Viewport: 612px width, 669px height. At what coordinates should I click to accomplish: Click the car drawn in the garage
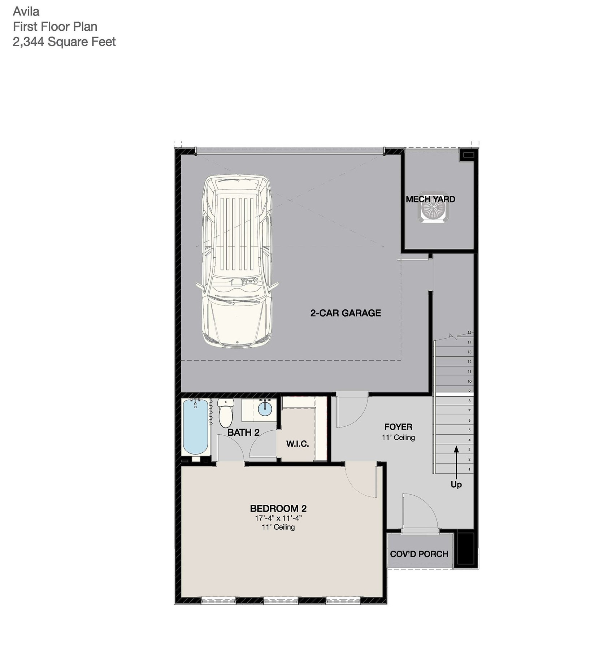pos(237,261)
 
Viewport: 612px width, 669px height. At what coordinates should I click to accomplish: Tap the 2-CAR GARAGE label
pos(346,313)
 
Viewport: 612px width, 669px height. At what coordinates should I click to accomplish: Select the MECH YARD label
pos(430,199)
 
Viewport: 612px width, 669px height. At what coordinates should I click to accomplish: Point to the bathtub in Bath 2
pos(195,427)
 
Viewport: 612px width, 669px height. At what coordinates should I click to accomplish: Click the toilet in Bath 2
pos(226,413)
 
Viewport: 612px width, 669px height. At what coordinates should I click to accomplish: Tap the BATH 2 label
pos(243,433)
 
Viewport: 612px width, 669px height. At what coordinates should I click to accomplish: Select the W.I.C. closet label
pos(298,444)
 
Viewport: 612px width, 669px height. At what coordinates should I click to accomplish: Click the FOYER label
pos(398,427)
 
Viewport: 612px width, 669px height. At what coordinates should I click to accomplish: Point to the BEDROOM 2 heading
pos(278,509)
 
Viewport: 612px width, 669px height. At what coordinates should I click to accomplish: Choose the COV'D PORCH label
pos(419,554)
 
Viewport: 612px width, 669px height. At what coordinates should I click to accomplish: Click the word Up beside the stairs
pos(456,485)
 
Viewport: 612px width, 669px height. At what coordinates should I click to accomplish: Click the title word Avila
pos(26,12)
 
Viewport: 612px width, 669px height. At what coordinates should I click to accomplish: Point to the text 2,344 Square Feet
pos(64,42)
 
